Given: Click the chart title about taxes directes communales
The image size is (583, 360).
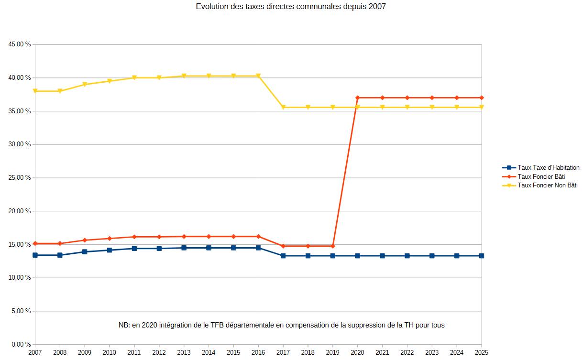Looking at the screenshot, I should (291, 7).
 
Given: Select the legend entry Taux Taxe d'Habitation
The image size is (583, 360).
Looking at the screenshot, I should (548, 168).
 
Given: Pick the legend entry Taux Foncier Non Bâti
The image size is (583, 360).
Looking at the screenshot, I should (547, 185).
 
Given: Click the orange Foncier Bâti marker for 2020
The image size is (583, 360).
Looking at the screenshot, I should (358, 98).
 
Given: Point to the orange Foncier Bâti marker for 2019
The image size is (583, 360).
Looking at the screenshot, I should (333, 246).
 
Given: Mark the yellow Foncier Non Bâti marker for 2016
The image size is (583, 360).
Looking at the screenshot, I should (258, 76).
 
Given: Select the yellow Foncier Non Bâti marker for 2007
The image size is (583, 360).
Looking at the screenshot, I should (35, 91).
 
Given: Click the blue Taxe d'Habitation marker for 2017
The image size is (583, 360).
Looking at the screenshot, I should (283, 256).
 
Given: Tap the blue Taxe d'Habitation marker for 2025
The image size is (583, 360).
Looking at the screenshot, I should (482, 256).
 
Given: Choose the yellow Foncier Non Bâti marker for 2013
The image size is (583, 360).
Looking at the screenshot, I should (184, 76).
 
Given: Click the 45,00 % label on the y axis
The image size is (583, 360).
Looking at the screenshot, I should (20, 44).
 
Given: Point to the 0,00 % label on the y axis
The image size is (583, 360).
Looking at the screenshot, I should (21, 344).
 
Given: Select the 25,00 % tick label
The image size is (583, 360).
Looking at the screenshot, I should (20, 178).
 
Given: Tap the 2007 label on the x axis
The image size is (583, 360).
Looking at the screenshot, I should (35, 352).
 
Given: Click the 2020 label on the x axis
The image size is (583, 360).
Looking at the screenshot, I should (358, 352).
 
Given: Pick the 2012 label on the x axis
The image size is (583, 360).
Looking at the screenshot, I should (159, 352).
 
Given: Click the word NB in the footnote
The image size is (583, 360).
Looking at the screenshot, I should (123, 325).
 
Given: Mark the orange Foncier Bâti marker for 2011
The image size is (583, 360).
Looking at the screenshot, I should (134, 237).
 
